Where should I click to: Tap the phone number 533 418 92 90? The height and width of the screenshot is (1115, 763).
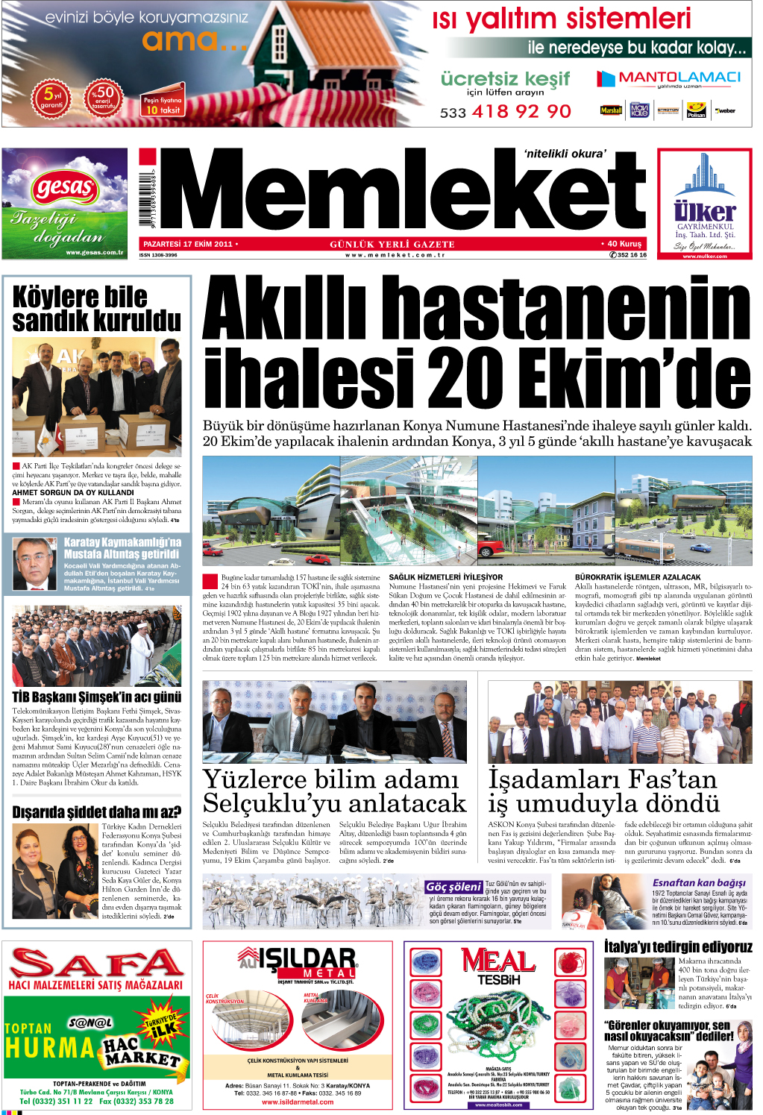506,112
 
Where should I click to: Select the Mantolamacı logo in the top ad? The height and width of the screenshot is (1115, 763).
669,78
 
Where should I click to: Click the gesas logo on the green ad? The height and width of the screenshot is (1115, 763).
64,187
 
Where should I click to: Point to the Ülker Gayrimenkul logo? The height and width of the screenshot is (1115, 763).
704,211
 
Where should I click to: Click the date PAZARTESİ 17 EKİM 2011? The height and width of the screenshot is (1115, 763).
188,244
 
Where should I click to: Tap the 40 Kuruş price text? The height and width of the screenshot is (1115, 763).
624,244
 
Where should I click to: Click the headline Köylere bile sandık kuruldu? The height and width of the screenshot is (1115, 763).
96,309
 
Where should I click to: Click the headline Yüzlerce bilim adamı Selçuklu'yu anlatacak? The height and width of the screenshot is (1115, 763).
334,791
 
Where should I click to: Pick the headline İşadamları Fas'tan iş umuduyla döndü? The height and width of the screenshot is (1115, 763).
603,791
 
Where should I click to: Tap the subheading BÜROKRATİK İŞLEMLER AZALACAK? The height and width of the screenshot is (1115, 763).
638,577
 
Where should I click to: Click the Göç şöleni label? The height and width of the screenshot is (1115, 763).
453,887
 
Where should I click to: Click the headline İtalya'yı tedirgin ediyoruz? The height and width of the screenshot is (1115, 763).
678,947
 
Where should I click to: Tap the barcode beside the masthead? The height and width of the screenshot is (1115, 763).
149,196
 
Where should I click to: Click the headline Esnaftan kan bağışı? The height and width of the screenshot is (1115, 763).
699,882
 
